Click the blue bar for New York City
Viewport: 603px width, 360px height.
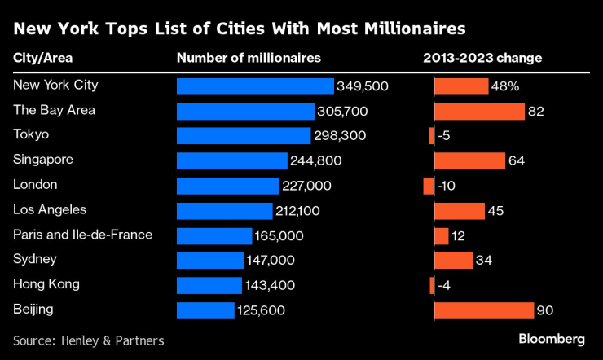pyautogui.click(x=255, y=86)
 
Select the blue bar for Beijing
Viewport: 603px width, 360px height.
pyautogui.click(x=205, y=310)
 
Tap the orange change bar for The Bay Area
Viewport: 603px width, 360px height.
pyautogui.click(x=479, y=112)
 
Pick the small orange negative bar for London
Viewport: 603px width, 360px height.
pyautogui.click(x=429, y=186)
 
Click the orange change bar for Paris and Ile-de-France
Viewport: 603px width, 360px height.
pyautogui.click(x=441, y=236)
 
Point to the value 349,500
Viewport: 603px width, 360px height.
pyautogui.click(x=363, y=86)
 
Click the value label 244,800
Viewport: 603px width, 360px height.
pyautogui.click(x=316, y=161)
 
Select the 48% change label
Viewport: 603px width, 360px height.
pyautogui.click(x=504, y=86)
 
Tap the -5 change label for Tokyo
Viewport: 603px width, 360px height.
pyautogui.click(x=444, y=136)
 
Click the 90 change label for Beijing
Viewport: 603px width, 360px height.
pyautogui.click(x=545, y=310)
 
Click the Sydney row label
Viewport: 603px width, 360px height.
pyautogui.click(x=34, y=260)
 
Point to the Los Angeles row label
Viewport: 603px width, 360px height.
pyautogui.click(x=50, y=209)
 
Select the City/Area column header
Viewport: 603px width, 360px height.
pyautogui.click(x=41, y=59)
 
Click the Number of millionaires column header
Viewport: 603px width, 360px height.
pyautogui.click(x=249, y=59)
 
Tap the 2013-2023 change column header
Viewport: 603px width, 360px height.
pyautogui.click(x=482, y=59)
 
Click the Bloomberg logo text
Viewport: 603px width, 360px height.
pyautogui.click(x=552, y=338)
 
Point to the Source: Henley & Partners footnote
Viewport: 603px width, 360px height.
pyautogui.click(x=89, y=340)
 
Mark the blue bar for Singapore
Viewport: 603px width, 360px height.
pyautogui.click(x=232, y=161)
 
